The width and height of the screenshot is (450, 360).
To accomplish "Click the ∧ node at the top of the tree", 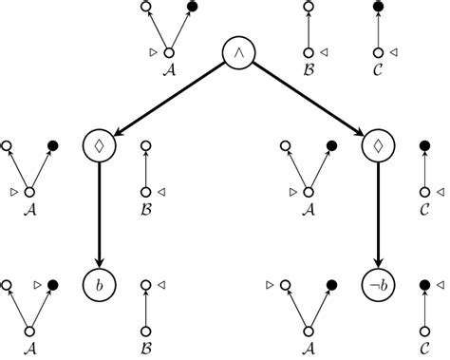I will [x=239, y=52].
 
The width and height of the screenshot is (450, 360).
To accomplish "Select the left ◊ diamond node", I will [x=100, y=146].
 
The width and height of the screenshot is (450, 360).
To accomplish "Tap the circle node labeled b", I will [x=100, y=284].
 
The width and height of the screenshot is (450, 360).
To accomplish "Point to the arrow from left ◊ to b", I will [x=100, y=215].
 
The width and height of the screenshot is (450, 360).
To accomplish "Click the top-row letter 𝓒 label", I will [x=379, y=68].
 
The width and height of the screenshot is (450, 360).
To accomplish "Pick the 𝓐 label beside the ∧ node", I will [x=169, y=68].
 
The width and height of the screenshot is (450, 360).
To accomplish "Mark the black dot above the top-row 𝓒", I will [x=379, y=8].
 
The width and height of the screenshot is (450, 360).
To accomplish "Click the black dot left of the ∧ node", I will [x=193, y=8].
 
